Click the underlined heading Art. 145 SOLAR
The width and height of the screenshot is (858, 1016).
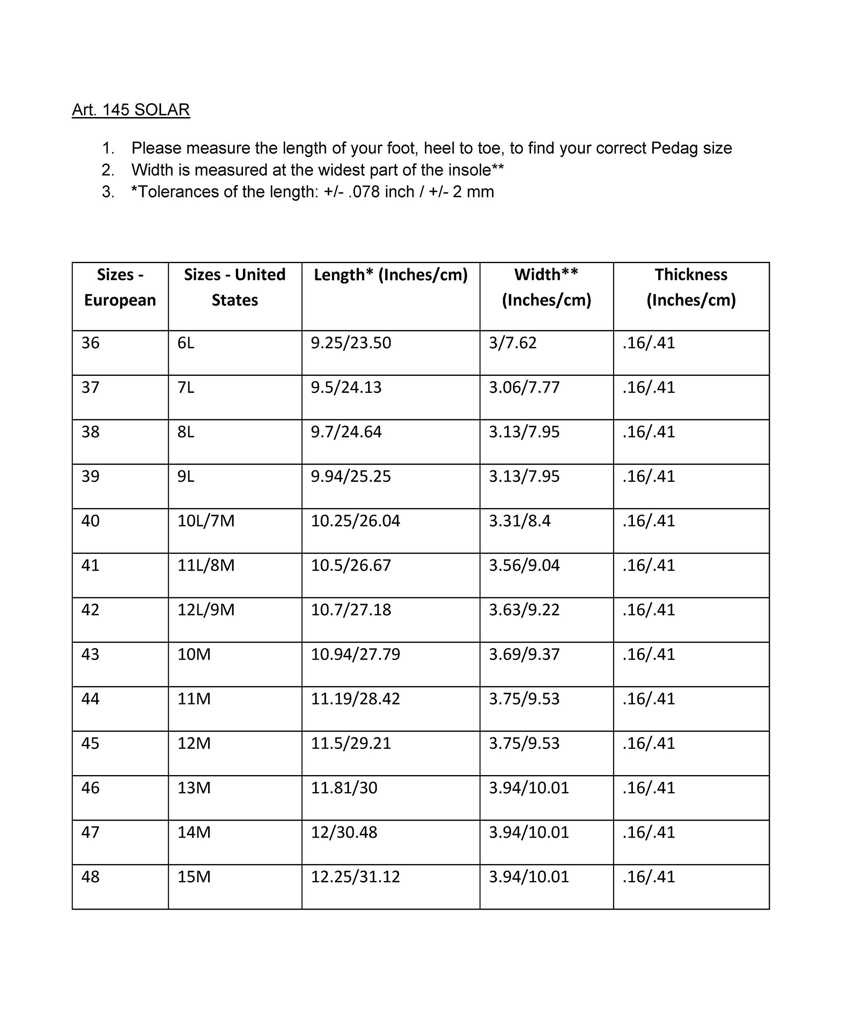coord(131,110)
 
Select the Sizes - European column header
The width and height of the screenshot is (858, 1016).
coord(120,287)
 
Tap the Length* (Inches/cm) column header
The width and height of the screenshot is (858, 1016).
coord(391,275)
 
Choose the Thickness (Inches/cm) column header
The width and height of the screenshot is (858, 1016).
coord(691,287)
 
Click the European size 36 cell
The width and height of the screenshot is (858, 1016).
coord(91,343)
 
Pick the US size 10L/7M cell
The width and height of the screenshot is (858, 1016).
coord(206,521)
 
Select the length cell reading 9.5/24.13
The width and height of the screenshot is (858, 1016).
coord(346,387)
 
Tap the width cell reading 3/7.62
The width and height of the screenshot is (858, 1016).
coord(513,343)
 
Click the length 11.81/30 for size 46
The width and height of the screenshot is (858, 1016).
coord(344,788)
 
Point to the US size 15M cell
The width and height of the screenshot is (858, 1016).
coord(194,877)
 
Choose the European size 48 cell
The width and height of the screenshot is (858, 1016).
coord(91,877)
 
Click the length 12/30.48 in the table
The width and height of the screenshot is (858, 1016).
coord(344,832)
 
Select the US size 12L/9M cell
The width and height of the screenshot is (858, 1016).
coord(206,610)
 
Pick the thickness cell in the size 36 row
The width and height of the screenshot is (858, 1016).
coord(649,343)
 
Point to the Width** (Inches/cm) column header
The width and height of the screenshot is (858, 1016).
coord(546,287)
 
